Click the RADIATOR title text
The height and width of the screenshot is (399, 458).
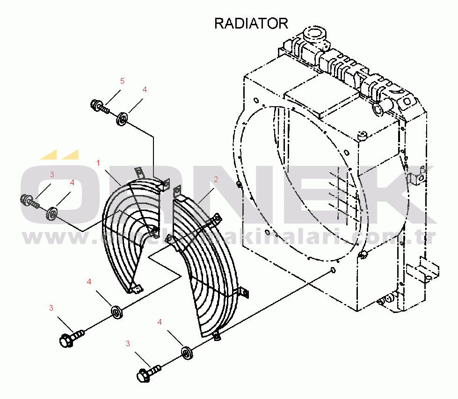point(251,23)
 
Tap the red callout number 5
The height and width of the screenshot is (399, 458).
point(122,81)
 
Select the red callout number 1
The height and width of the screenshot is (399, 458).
point(98,163)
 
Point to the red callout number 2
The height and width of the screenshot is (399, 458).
point(216,179)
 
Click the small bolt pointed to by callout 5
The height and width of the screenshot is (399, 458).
point(100,106)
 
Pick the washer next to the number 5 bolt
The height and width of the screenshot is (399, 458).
point(123,118)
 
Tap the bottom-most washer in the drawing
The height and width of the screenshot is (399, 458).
point(187,353)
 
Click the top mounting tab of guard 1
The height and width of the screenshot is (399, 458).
point(138,173)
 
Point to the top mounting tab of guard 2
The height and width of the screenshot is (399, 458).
point(177,192)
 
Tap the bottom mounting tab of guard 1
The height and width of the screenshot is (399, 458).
point(136,290)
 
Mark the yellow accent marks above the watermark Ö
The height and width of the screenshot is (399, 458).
point(59,155)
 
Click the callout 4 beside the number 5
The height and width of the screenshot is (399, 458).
point(145,89)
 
